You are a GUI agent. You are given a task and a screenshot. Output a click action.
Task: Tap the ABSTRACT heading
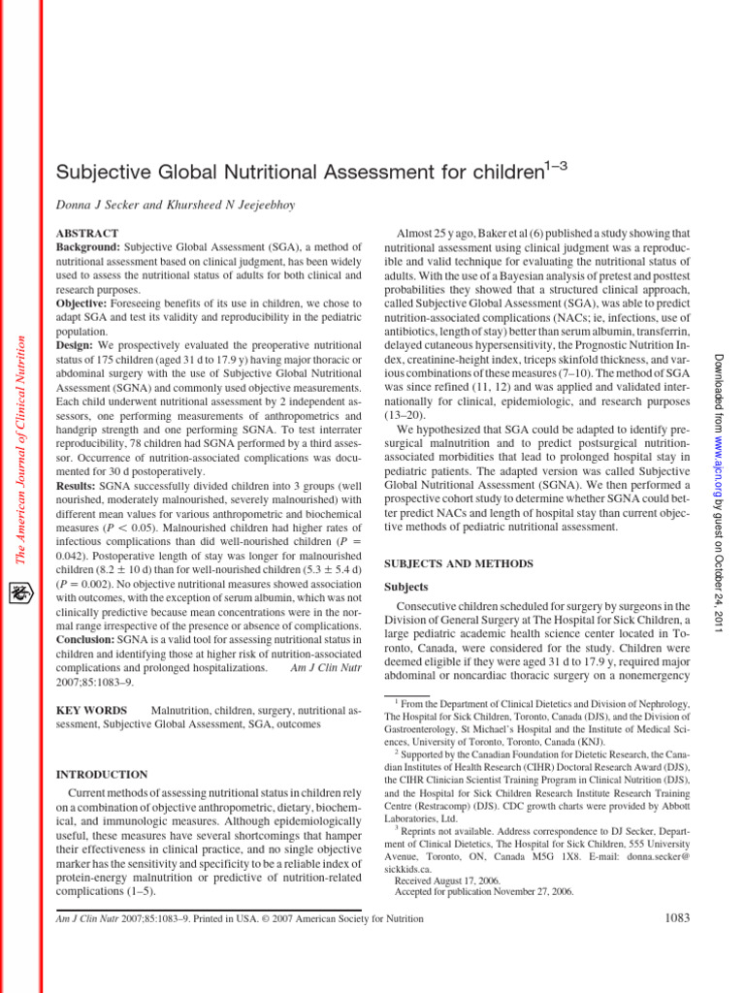coord(89,234)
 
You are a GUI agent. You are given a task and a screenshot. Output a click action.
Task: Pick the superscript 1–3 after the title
coord(553,166)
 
